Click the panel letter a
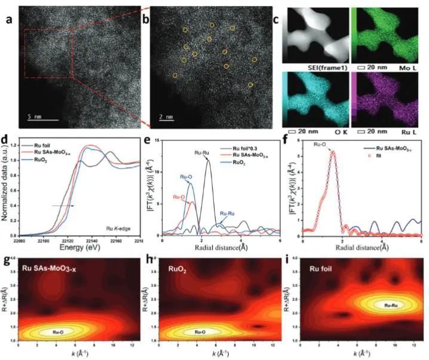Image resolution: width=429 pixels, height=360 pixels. click(9, 17)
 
